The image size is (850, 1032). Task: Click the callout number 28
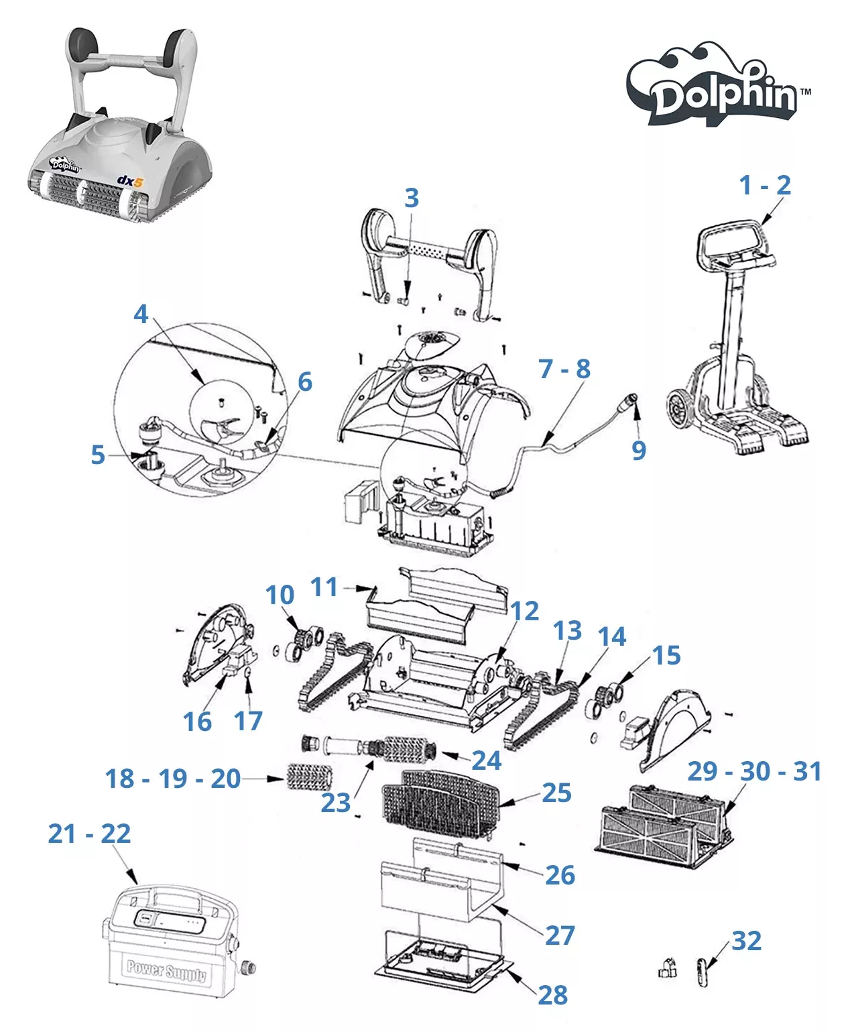(552, 995)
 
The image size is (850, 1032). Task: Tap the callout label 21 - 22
(89, 834)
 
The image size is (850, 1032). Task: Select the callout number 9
(639, 450)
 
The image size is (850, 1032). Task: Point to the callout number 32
(746, 941)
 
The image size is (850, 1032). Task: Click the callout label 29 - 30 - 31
(754, 771)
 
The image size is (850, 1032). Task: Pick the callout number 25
(556, 793)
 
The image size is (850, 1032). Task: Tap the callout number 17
(248, 721)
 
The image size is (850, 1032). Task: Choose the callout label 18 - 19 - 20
(173, 779)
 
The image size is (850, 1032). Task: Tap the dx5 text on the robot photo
(130, 180)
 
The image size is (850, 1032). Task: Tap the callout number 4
(141, 314)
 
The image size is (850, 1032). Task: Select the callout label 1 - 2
(764, 185)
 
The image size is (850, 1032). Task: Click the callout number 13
(567, 630)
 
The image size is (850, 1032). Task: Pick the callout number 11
(324, 587)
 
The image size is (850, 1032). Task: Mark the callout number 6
(305, 382)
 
